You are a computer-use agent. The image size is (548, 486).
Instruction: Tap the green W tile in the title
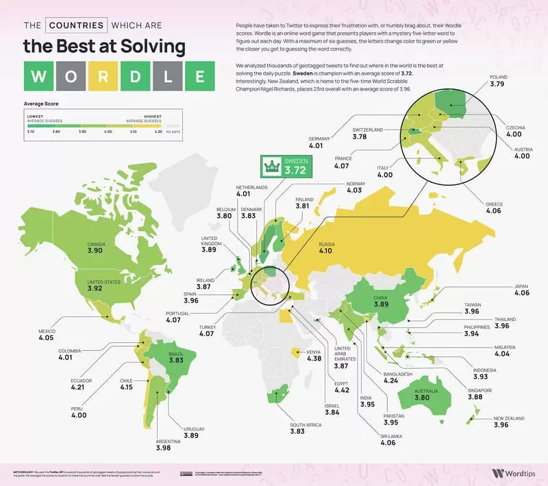tap(41, 76)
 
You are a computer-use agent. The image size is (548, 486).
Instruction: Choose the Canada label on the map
tap(96, 243)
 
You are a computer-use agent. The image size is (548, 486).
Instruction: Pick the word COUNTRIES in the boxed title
tap(76, 25)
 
